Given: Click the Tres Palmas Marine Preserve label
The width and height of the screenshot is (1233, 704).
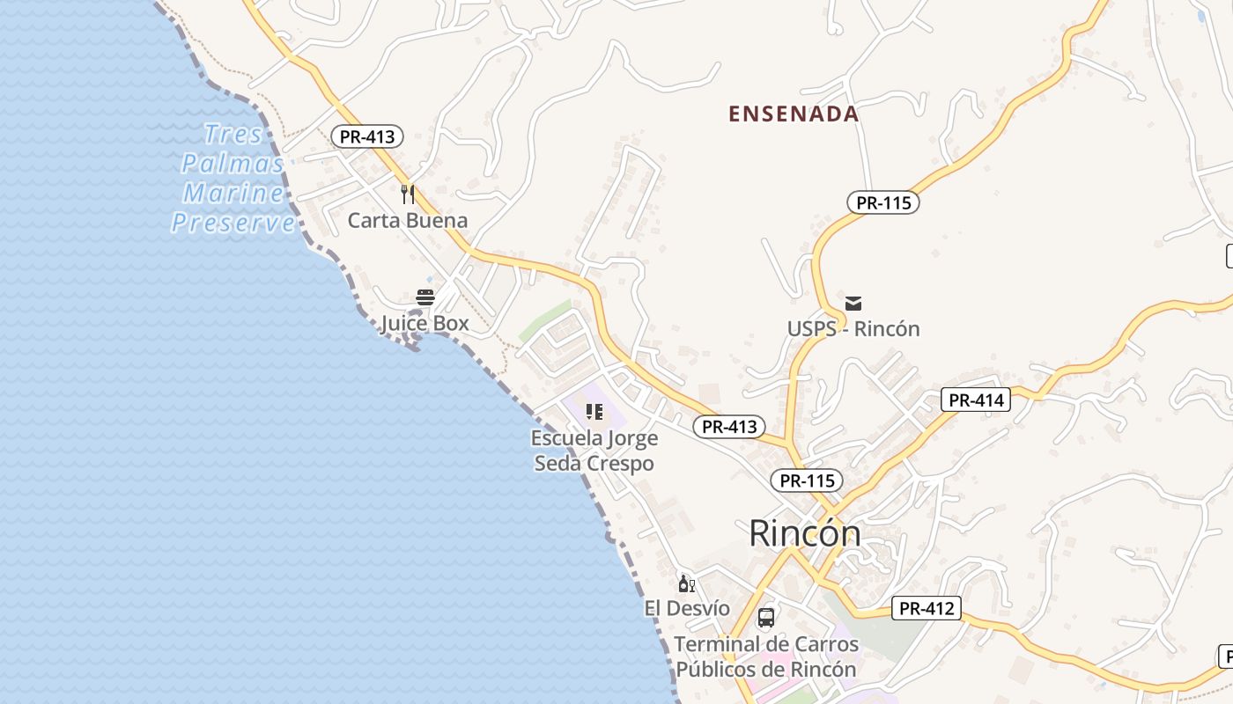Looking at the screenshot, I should (x=233, y=178).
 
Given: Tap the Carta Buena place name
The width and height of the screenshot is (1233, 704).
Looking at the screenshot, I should (x=407, y=220).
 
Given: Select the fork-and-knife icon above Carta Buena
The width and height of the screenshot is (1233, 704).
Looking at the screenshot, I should (x=407, y=194).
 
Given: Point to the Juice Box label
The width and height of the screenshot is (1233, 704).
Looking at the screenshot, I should (x=425, y=324).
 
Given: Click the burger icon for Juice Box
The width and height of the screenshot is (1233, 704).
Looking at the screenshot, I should (x=425, y=297).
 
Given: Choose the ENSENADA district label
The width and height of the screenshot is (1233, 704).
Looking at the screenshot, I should (x=794, y=114).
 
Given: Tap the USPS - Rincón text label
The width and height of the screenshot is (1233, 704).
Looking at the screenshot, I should (x=853, y=329).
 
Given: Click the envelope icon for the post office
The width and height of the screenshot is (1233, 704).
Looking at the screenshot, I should (x=853, y=304).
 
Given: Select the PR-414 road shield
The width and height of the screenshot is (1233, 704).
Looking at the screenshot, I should (x=976, y=400).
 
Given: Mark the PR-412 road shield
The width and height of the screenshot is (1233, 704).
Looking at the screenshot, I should (x=927, y=608).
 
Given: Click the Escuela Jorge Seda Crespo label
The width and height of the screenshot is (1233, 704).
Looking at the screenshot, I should (x=594, y=451).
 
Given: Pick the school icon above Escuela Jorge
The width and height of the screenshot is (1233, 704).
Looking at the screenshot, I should (x=594, y=411).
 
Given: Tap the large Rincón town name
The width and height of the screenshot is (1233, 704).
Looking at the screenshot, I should (x=805, y=533).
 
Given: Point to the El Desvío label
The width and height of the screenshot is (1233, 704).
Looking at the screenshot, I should (x=687, y=608).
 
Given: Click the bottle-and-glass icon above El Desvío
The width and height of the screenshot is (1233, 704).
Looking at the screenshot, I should (x=686, y=583).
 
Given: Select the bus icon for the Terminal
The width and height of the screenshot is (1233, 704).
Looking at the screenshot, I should (x=766, y=617).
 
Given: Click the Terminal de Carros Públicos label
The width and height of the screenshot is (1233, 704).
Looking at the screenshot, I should (x=766, y=656).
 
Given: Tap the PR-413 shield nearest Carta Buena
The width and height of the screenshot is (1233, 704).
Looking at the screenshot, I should (x=367, y=136).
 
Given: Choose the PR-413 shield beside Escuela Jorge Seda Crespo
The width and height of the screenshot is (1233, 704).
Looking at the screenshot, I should (x=729, y=427).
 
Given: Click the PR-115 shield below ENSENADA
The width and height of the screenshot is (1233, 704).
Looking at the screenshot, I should (x=883, y=202).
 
